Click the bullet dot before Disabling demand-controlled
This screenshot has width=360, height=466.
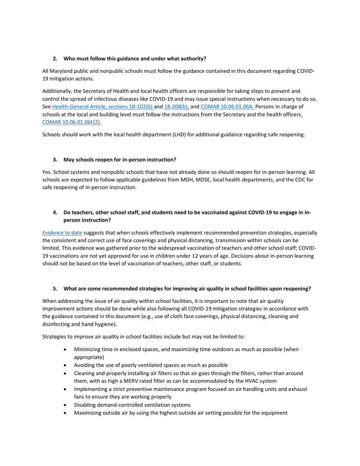(x=67, y=405)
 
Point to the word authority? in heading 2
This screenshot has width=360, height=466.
(x=192, y=59)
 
